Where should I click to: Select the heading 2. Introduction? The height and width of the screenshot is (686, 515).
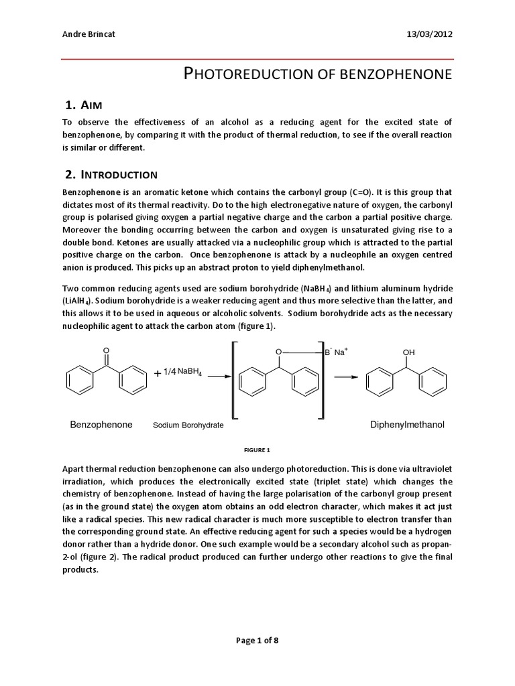pyautogui.click(x=111, y=175)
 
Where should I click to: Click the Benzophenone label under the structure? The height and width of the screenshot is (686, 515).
pyautogui.click(x=101, y=425)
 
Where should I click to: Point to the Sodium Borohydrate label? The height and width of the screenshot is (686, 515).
pyautogui.click(x=188, y=425)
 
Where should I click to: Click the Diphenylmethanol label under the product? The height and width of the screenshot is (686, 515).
pyautogui.click(x=408, y=425)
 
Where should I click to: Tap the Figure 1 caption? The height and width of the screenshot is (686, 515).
pyautogui.click(x=257, y=450)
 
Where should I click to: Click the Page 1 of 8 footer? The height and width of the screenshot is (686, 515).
pyautogui.click(x=257, y=640)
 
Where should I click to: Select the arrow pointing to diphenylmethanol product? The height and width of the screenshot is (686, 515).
pyautogui.click(x=347, y=376)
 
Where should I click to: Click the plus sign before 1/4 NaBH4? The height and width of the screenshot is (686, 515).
pyautogui.click(x=158, y=374)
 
